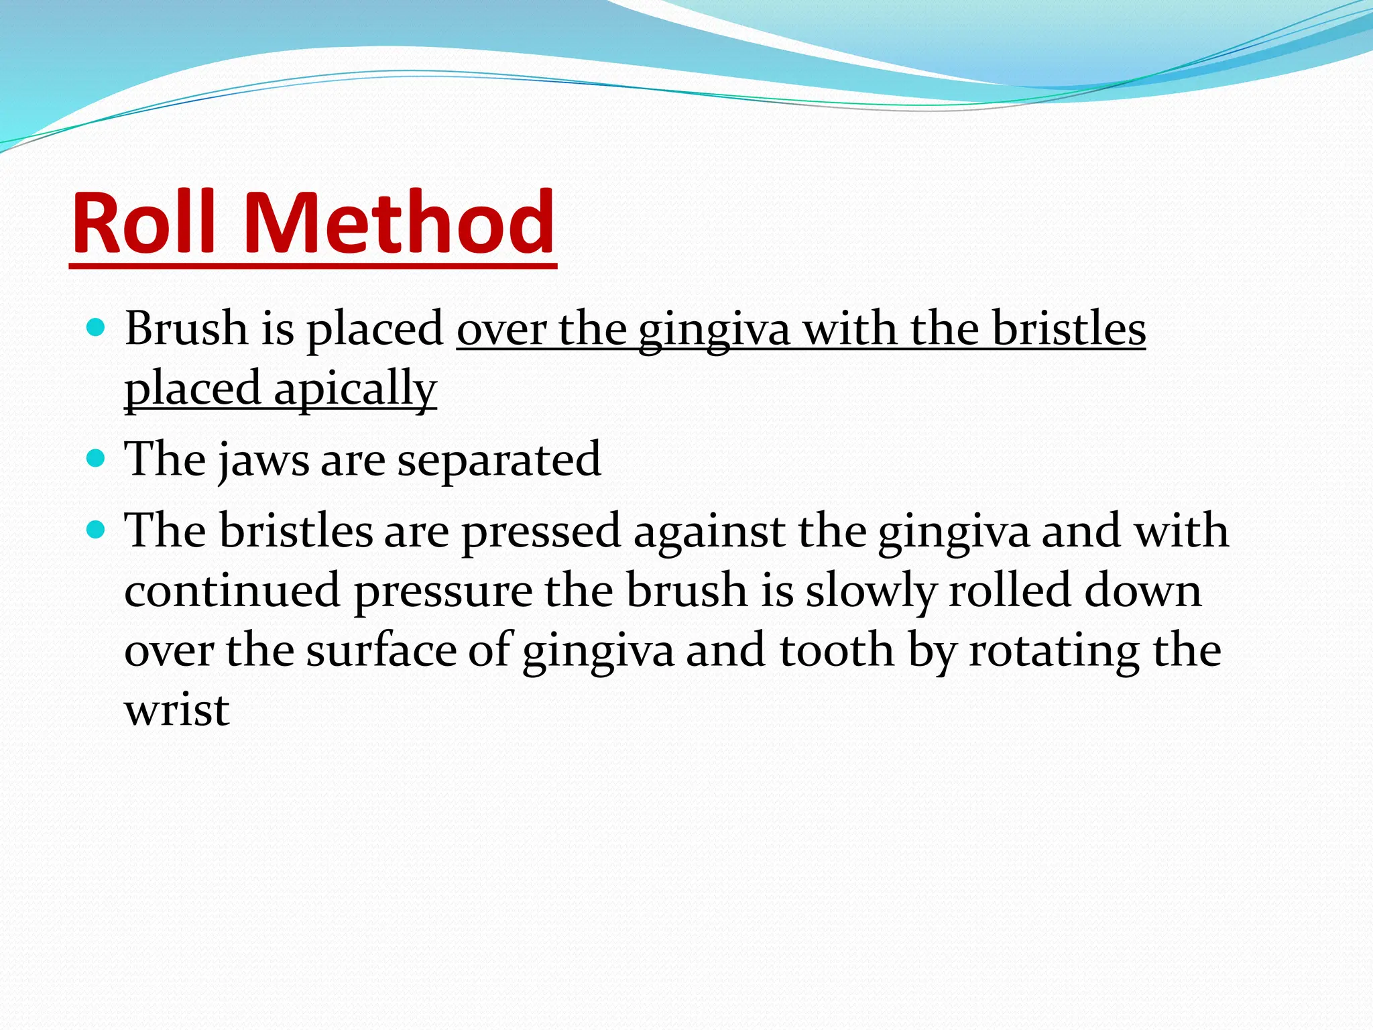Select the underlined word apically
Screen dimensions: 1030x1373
pyautogui.click(x=355, y=389)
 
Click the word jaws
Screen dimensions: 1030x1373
pyautogui.click(x=263, y=461)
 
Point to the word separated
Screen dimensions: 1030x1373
pyautogui.click(x=499, y=461)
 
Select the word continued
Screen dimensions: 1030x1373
pyautogui.click(x=232, y=591)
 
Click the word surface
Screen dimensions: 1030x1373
pyautogui.click(x=381, y=651)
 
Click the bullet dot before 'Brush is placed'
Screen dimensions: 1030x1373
pyautogui.click(x=97, y=328)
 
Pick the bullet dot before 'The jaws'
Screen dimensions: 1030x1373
pyautogui.click(x=97, y=459)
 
